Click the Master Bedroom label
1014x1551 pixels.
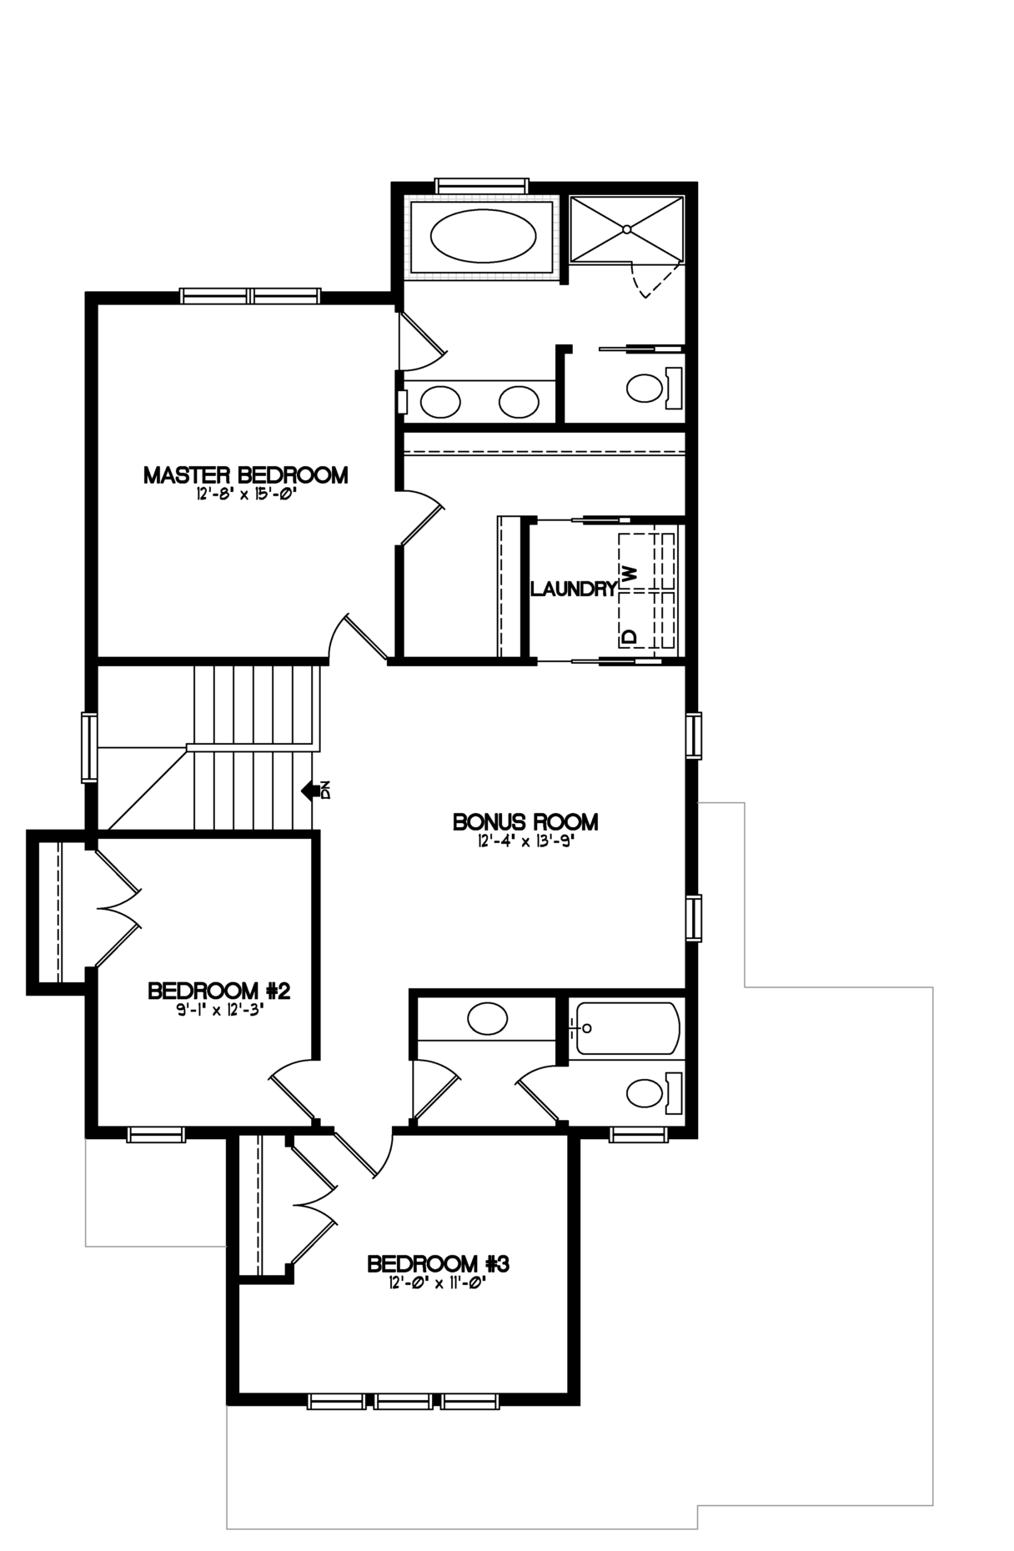(246, 475)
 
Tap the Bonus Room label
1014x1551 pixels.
(525, 822)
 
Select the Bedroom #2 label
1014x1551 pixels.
(218, 991)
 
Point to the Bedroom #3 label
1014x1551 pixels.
(439, 1264)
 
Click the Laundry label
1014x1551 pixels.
(574, 590)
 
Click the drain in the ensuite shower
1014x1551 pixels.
(626, 228)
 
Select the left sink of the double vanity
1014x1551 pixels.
(440, 403)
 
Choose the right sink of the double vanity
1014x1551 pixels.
(520, 403)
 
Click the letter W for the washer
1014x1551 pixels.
(630, 574)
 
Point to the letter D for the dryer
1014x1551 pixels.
(630, 636)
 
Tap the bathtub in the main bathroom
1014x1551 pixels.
(625, 1029)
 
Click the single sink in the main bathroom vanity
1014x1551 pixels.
(488, 1019)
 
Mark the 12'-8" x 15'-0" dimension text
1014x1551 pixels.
(247, 494)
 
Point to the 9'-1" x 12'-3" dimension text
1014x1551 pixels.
(219, 1010)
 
